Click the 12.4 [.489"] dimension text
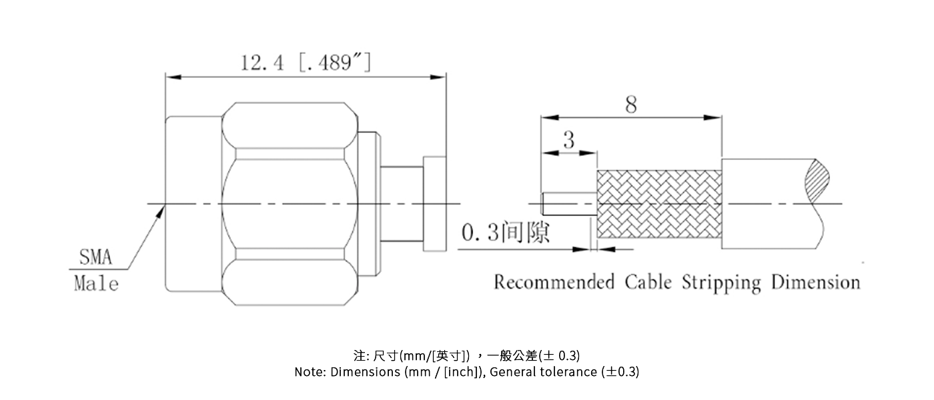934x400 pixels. (x=306, y=63)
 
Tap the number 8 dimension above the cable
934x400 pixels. (x=630, y=105)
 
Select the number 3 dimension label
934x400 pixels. (x=568, y=141)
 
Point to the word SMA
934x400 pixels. (x=96, y=257)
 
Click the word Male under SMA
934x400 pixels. (x=96, y=283)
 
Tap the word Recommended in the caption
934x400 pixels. (x=554, y=282)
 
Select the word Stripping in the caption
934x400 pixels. (x=721, y=282)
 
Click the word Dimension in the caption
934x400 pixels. (x=815, y=282)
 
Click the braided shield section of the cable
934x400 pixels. (x=659, y=205)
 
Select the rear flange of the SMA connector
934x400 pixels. (x=434, y=203)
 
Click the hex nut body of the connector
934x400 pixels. (x=288, y=203)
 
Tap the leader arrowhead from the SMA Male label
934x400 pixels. (x=161, y=210)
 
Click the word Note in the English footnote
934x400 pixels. (x=309, y=372)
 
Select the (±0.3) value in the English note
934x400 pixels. (x=620, y=372)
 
